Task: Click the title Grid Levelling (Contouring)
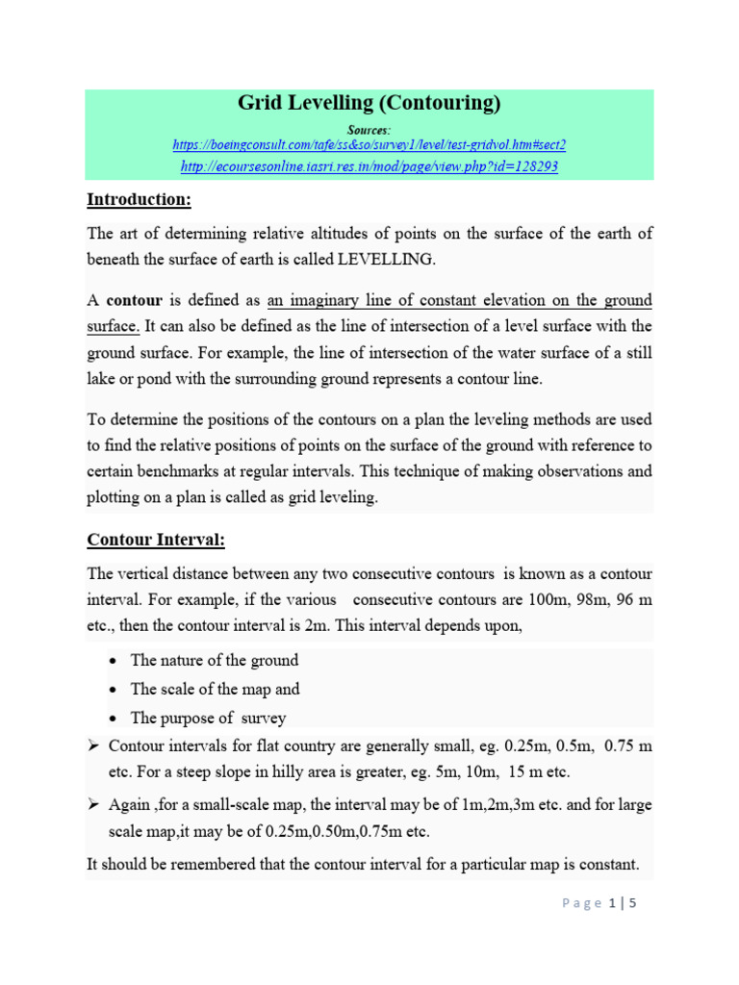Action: [369, 104]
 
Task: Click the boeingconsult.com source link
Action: [369, 144]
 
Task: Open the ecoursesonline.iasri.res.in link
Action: [369, 166]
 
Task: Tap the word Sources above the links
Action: [369, 128]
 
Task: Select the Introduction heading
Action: [140, 200]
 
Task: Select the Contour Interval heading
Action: [156, 541]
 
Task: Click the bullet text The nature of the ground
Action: [215, 660]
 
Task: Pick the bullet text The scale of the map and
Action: [215, 689]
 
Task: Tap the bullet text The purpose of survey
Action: [208, 718]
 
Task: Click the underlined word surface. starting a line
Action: [113, 326]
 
